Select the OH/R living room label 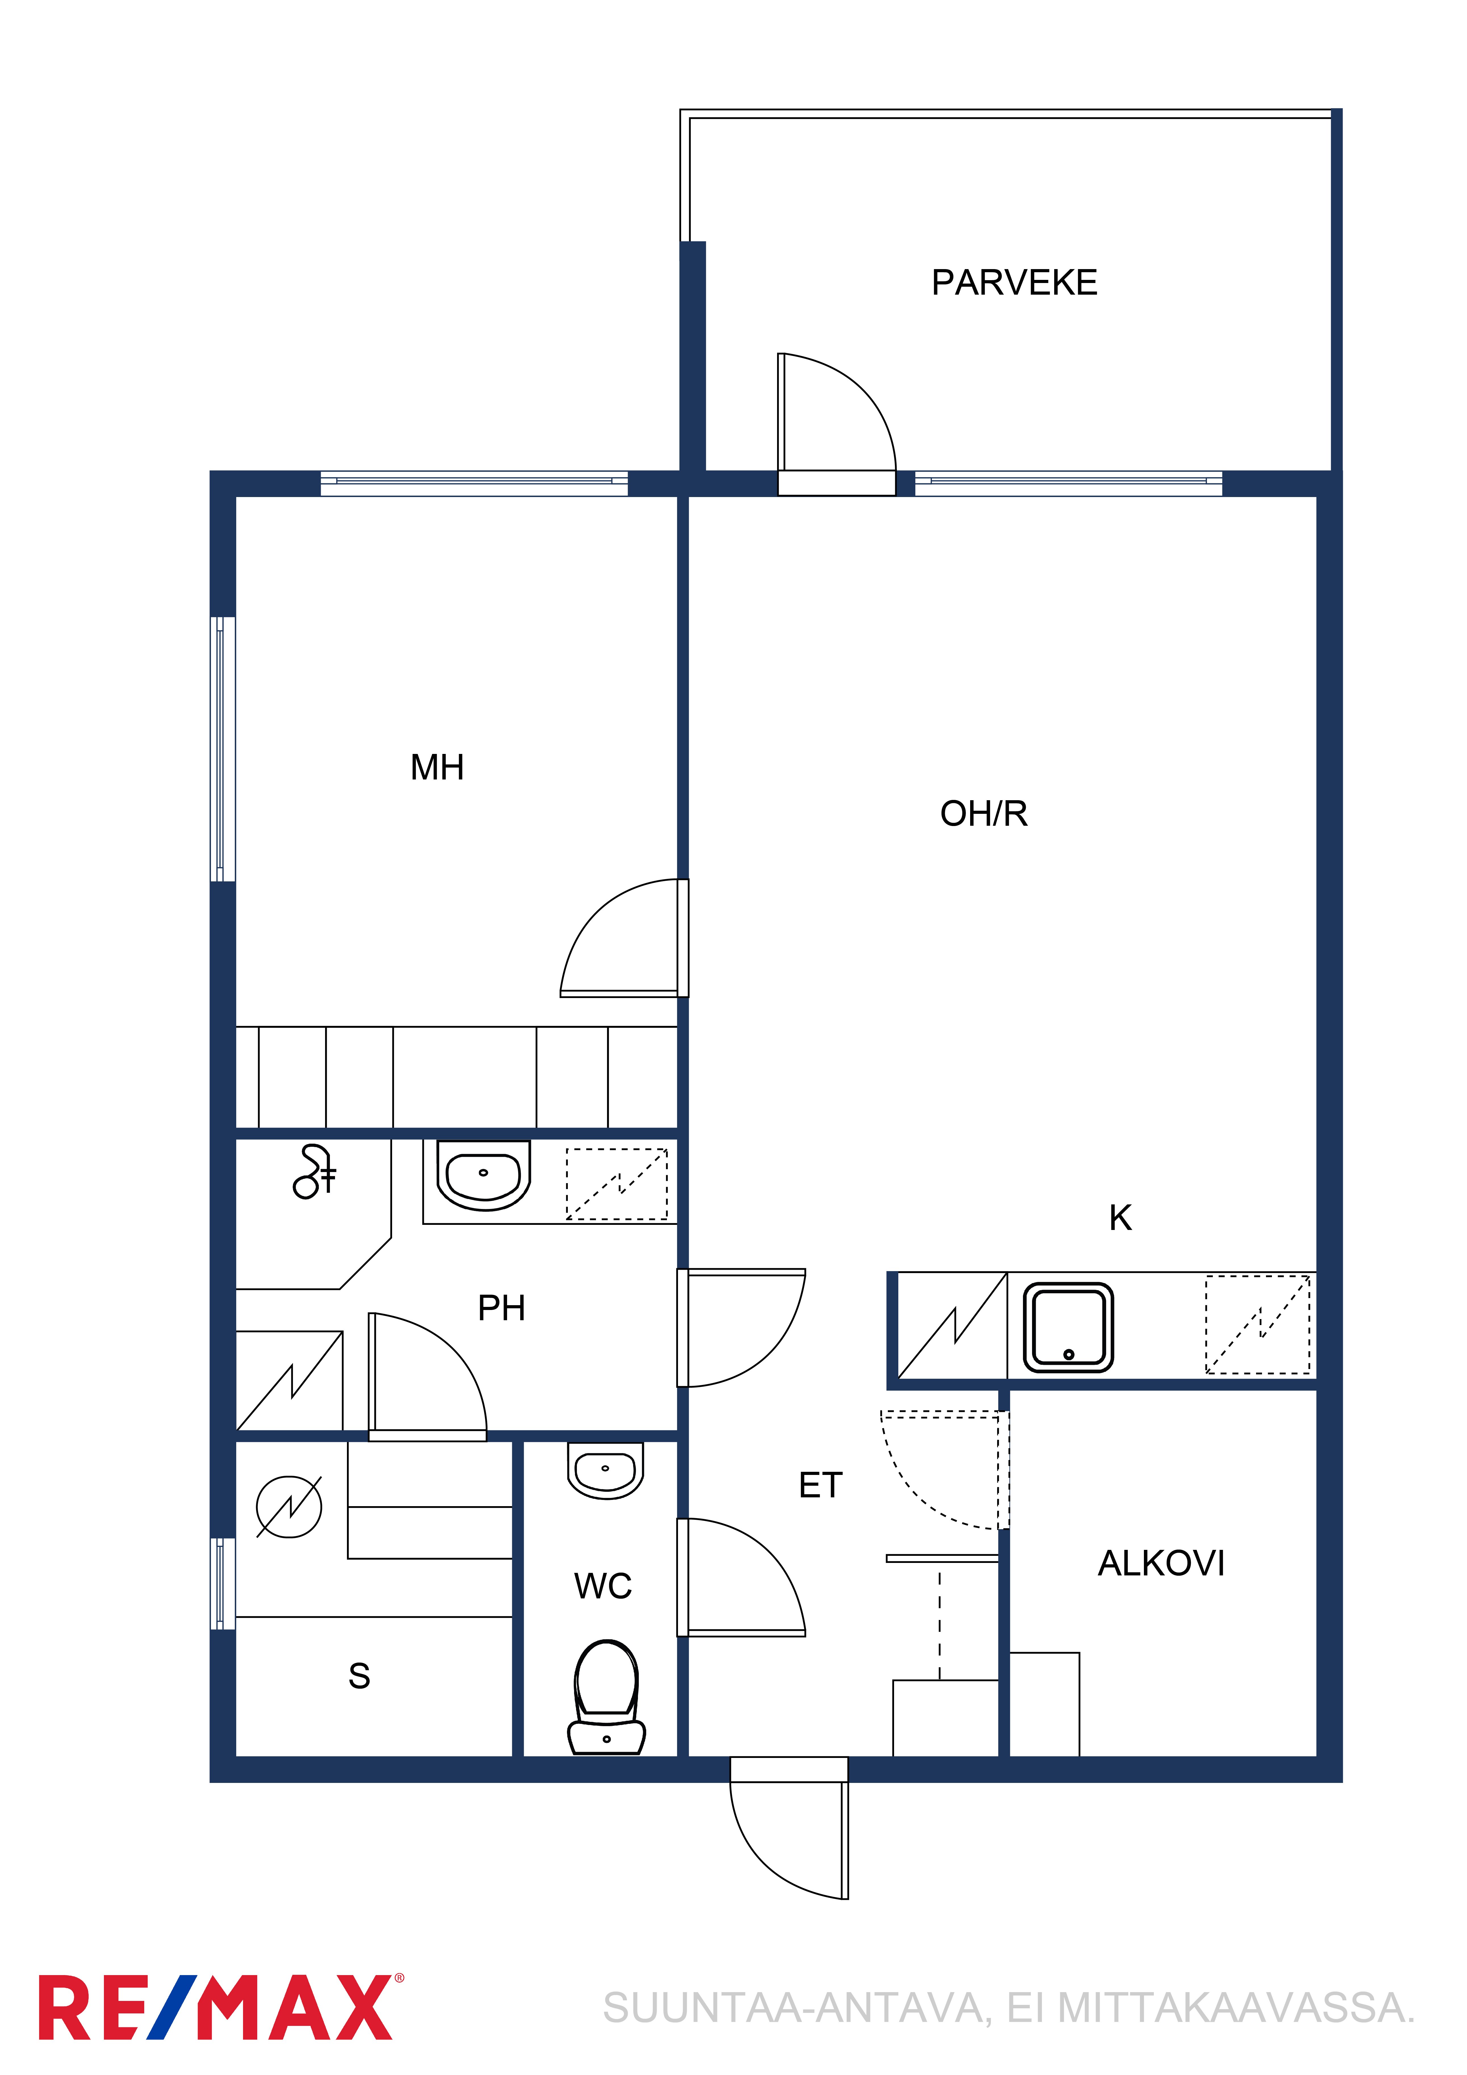coord(983,813)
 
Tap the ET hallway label coord(820,1485)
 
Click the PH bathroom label coord(501,1308)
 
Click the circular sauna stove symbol coord(288,1506)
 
